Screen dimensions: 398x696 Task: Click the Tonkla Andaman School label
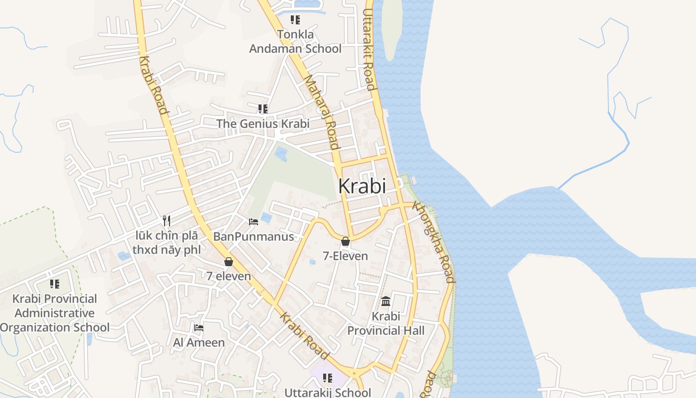[295, 41]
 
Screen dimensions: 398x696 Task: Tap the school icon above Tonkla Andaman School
[295, 20]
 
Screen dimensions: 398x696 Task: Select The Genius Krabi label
[262, 123]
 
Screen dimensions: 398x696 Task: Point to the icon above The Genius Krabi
[262, 108]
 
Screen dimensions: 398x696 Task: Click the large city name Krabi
[362, 186]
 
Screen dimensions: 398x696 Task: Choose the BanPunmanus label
[254, 236]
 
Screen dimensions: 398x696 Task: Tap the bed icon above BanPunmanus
[254, 221]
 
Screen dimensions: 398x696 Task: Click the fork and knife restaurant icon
[167, 220]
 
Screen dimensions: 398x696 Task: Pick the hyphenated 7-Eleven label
[346, 256]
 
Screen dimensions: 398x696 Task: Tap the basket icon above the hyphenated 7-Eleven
[346, 242]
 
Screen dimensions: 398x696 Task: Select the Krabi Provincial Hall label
[386, 323]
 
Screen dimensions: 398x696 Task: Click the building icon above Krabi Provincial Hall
[386, 301]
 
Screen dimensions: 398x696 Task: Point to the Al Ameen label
[199, 342]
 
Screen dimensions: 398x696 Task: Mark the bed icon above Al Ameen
[199, 327]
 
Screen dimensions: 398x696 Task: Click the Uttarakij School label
[328, 393]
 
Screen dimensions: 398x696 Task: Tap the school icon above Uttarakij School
[328, 378]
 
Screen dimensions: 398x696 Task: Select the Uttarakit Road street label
[368, 49]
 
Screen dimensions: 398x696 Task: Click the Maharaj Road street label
[321, 111]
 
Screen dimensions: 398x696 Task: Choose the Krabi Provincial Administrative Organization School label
[55, 313]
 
